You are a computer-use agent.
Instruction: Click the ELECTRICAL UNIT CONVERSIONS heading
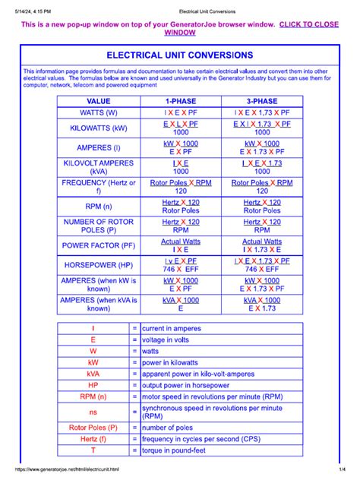pos(180,55)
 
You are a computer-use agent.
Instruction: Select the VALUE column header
pos(99,101)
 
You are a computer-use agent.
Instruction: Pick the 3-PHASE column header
pos(262,101)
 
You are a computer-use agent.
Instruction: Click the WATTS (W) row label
pos(99,112)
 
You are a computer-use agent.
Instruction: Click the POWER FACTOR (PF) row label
pos(99,245)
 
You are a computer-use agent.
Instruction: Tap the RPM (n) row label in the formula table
pos(99,206)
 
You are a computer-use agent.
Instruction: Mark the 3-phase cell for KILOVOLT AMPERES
pos(262,167)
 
